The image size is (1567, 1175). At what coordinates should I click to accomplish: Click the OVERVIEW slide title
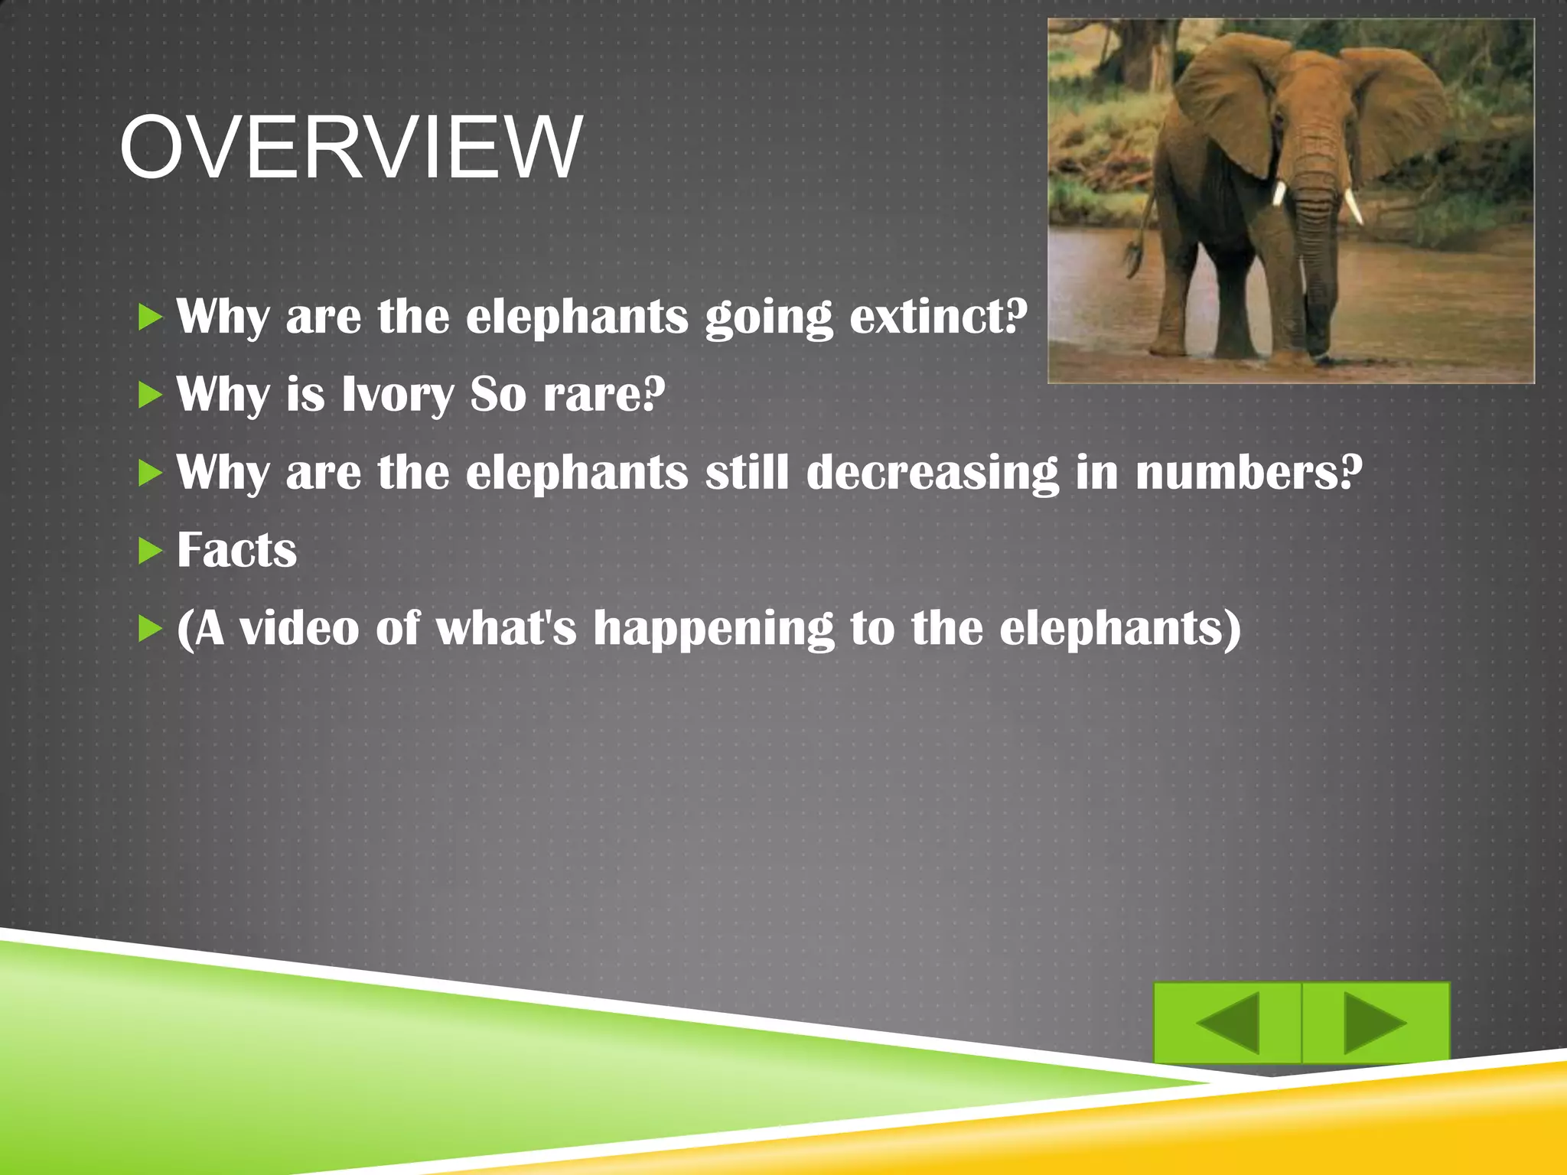[x=350, y=148]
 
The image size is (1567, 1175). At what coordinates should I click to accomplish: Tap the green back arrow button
[x=1227, y=1022]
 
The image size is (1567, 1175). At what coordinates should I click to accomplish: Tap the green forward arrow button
[x=1375, y=1022]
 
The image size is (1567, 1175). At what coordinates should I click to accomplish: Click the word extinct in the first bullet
[x=937, y=316]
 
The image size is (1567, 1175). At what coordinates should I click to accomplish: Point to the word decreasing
[x=933, y=472]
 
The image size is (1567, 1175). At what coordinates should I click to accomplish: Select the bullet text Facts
[x=236, y=550]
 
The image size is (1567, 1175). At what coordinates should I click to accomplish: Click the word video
[x=299, y=628]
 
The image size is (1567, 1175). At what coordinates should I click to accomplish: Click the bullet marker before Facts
[x=151, y=551]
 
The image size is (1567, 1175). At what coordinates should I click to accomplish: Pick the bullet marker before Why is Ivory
[x=151, y=395]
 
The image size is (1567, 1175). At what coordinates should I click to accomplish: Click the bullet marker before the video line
[x=151, y=630]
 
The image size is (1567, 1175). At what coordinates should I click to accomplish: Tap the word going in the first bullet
[x=768, y=317]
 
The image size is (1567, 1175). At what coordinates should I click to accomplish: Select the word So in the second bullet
[x=498, y=395]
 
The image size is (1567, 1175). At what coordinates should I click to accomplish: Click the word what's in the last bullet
[x=506, y=628]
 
